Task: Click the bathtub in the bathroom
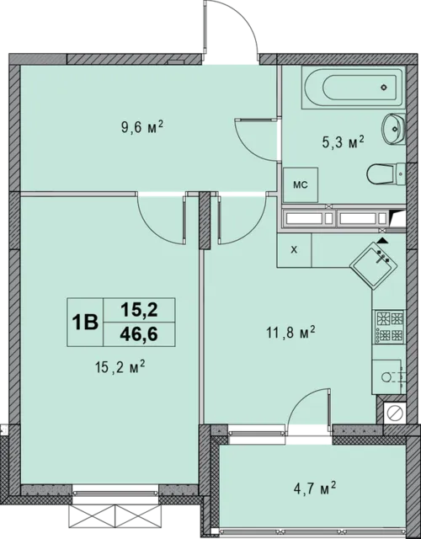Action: [x=353, y=88]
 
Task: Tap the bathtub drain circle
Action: [x=384, y=88]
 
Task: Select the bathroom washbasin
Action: [x=394, y=129]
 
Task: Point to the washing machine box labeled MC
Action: [x=301, y=185]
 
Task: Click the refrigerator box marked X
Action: [x=294, y=250]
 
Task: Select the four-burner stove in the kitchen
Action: [x=389, y=327]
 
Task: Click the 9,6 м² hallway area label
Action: [x=141, y=127]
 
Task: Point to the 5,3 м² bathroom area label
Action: [x=343, y=141]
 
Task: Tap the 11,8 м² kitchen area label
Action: [x=290, y=333]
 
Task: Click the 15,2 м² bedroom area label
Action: [x=120, y=367]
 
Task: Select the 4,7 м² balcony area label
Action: [x=314, y=488]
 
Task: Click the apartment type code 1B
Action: [x=85, y=323]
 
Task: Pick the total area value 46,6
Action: [x=139, y=334]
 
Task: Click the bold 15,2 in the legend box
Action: [x=139, y=310]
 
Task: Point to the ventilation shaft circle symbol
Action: [x=395, y=413]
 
